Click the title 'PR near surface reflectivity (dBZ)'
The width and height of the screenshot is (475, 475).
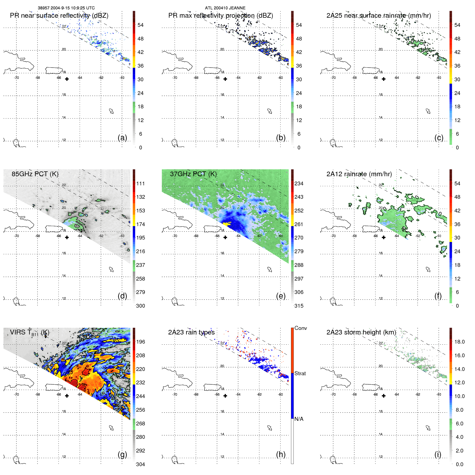[x=59, y=16]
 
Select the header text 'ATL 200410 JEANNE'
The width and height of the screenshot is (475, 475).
[x=225, y=8]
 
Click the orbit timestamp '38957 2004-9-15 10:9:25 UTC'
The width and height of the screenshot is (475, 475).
[x=66, y=8]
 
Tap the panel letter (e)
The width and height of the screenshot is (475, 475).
[x=281, y=296]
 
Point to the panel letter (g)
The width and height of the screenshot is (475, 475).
[x=122, y=454]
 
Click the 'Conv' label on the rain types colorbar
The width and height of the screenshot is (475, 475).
[x=300, y=328]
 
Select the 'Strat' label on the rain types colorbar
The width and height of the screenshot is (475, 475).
[x=300, y=373]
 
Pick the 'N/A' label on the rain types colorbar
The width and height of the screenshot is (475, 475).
[x=299, y=419]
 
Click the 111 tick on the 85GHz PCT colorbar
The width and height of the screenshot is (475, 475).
[x=140, y=183]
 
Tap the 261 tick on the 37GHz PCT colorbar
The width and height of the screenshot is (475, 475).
[x=299, y=224]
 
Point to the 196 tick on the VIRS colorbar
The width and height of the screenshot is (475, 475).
[x=140, y=342]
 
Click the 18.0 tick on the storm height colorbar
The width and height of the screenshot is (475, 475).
[x=459, y=342]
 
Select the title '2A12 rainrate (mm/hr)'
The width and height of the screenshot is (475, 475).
[x=359, y=174]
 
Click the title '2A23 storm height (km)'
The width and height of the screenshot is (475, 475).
[x=361, y=332]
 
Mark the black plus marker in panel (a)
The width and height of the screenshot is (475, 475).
[x=67, y=79]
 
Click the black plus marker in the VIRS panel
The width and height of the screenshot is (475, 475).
[x=67, y=396]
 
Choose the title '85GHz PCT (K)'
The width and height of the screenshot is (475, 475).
[x=35, y=174]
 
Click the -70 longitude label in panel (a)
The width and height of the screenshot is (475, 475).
[x=16, y=78]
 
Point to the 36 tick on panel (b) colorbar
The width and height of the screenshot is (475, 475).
[x=299, y=66]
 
